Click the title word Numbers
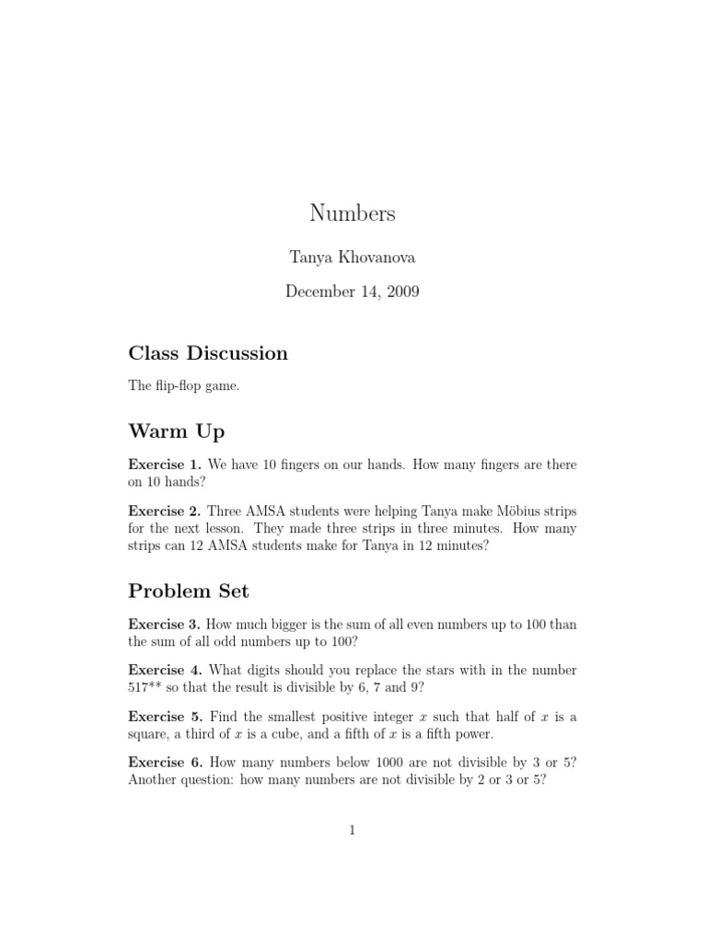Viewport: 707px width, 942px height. pos(353,213)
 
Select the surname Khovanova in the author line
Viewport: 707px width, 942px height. pos(379,258)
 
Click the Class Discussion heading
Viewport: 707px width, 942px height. pos(208,353)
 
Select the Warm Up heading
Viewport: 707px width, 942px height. pos(177,431)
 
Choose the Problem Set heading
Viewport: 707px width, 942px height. pos(189,591)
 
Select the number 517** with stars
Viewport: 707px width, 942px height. pos(149,686)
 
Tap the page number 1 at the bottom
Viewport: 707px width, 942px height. pos(353,830)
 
